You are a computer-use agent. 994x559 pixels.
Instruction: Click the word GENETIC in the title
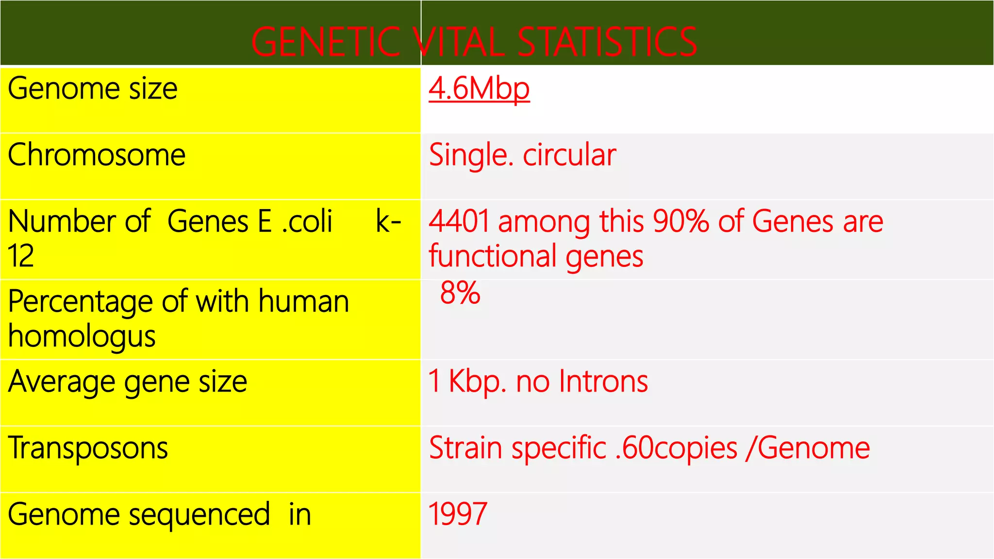(x=326, y=42)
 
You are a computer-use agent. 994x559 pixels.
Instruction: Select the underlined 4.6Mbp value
(x=479, y=89)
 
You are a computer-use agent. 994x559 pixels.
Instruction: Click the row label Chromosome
(x=97, y=155)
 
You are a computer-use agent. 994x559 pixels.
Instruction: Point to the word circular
(x=569, y=155)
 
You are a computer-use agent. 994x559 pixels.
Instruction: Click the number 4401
(x=459, y=221)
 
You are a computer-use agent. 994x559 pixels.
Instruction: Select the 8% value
(x=460, y=293)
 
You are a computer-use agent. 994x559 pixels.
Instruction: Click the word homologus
(x=82, y=336)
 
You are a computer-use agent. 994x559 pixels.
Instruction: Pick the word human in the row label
(x=304, y=301)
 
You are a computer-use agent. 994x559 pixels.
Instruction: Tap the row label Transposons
(x=88, y=447)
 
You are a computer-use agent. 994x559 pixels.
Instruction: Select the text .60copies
(x=676, y=447)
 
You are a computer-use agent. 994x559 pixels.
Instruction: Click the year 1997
(x=458, y=514)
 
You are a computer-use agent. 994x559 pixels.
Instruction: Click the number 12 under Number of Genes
(x=21, y=256)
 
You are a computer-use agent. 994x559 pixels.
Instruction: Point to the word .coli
(x=307, y=221)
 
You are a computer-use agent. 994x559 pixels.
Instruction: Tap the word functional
(x=492, y=256)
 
